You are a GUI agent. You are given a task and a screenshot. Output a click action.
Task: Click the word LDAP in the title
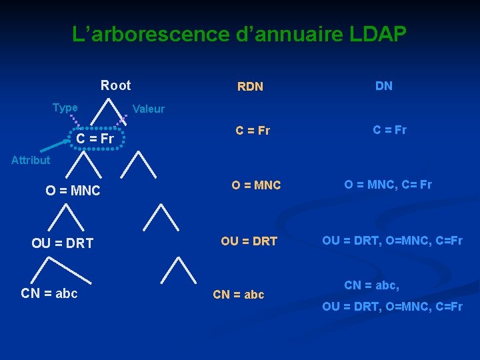pyautogui.click(x=377, y=34)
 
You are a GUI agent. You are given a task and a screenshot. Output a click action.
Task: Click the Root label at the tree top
pyautogui.click(x=115, y=85)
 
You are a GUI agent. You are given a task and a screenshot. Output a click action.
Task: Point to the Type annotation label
pyautogui.click(x=65, y=107)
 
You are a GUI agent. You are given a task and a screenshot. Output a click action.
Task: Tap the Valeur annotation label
pyautogui.click(x=149, y=109)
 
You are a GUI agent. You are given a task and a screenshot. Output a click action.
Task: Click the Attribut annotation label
pyautogui.click(x=30, y=160)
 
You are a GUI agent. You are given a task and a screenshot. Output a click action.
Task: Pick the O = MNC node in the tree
pyautogui.click(x=73, y=191)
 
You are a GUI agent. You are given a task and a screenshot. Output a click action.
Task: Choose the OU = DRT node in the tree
pyautogui.click(x=62, y=243)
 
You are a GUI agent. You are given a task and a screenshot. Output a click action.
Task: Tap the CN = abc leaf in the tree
pyautogui.click(x=49, y=293)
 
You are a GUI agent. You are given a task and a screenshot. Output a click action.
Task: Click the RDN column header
pyautogui.click(x=250, y=87)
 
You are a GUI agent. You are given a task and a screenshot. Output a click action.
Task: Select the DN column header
pyautogui.click(x=383, y=85)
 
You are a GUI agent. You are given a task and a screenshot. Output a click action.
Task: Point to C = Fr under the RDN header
pyautogui.click(x=252, y=131)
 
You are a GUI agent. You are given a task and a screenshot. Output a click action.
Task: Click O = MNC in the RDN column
pyautogui.click(x=256, y=185)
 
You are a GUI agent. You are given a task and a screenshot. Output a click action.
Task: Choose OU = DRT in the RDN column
pyautogui.click(x=249, y=241)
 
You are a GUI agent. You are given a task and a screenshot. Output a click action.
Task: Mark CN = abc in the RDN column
pyautogui.click(x=238, y=294)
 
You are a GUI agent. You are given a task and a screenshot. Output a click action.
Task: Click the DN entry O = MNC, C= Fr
pyautogui.click(x=387, y=185)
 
